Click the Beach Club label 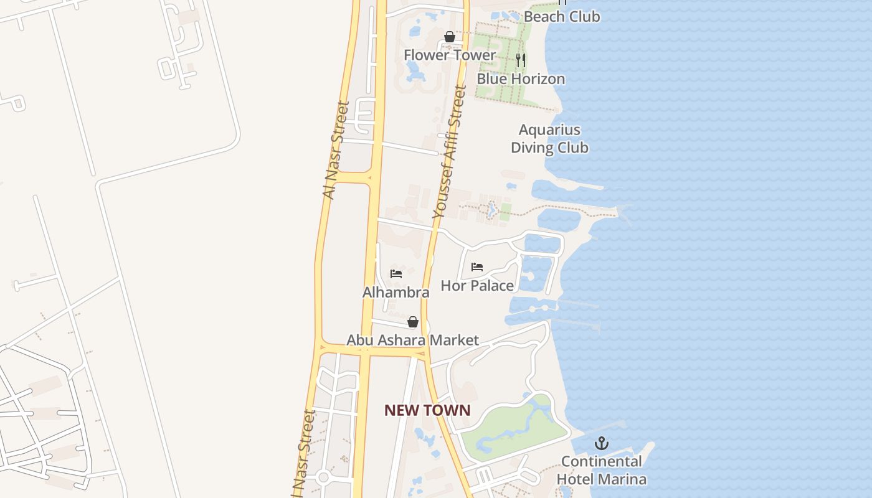[x=561, y=17]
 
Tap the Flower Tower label [x=449, y=55]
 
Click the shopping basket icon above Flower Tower [x=450, y=37]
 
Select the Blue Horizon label [x=521, y=79]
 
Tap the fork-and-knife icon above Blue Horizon [x=521, y=60]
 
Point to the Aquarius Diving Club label [x=549, y=139]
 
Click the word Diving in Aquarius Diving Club [x=531, y=148]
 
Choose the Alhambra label [x=396, y=292]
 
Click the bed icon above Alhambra [x=396, y=273]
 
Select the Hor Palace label [x=477, y=286]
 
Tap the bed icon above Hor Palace [x=477, y=267]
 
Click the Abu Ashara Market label [x=412, y=340]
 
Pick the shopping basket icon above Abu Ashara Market [x=412, y=322]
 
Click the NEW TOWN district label [x=427, y=410]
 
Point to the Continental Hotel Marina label [x=601, y=470]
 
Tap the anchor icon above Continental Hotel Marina [x=601, y=444]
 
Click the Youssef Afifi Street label [x=450, y=152]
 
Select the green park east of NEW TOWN [x=517, y=426]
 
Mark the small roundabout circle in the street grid [x=323, y=477]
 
